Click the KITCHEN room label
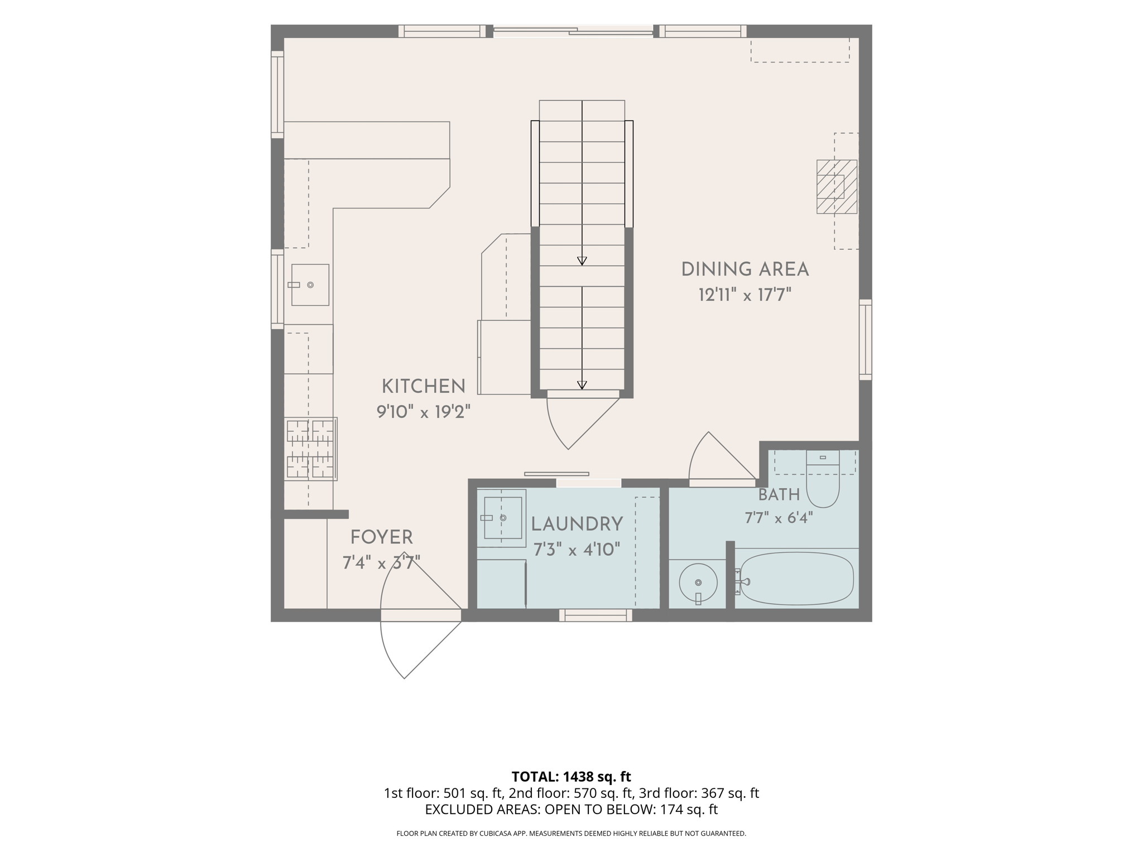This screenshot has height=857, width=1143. point(423,386)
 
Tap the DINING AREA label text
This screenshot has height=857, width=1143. point(745,269)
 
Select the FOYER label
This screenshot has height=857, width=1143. point(382,537)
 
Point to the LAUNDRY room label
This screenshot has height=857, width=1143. point(577,524)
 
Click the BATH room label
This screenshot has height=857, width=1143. point(779,495)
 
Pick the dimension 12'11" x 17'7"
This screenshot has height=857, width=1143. point(745,295)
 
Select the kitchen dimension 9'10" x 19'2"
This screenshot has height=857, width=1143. point(424,412)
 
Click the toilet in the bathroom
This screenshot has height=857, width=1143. point(823,479)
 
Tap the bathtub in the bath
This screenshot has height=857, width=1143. point(795,579)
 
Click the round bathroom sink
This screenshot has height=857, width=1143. point(698,582)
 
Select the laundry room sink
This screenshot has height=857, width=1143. point(502,518)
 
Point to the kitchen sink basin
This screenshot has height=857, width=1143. point(310,285)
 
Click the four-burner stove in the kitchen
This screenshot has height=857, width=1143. point(310,449)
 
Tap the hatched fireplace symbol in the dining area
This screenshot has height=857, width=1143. point(837,186)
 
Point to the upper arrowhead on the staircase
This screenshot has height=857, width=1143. point(582,261)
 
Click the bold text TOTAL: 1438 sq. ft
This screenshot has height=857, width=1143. point(571,776)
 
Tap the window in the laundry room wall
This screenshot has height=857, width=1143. point(595,615)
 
